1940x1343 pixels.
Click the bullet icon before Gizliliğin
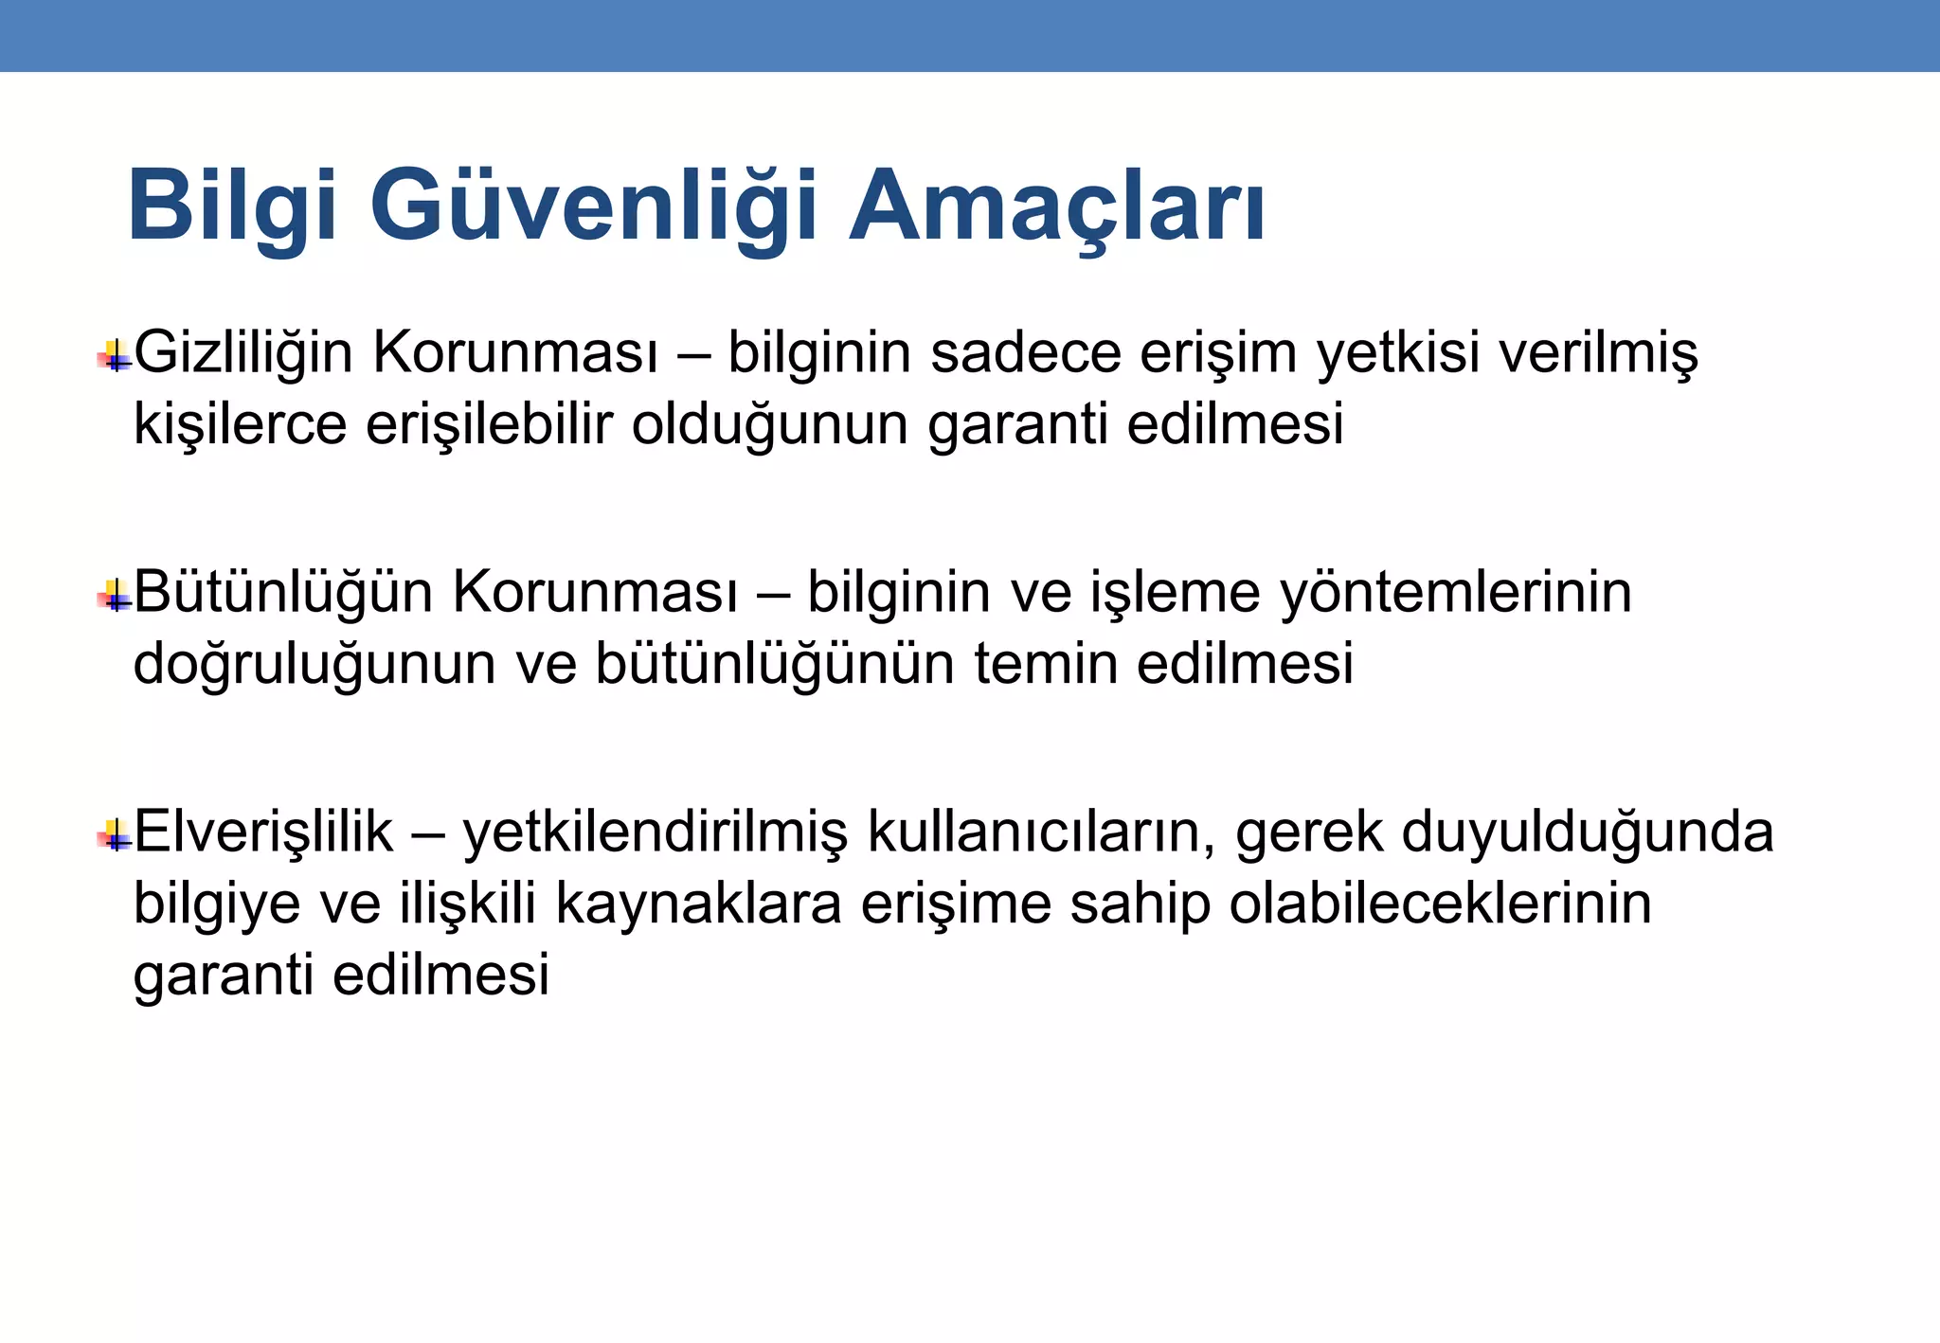coord(115,357)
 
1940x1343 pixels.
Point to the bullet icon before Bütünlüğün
coord(115,597)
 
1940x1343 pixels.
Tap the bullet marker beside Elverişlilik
coord(115,836)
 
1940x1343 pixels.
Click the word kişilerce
coord(240,424)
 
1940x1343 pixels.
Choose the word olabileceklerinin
coord(1441,904)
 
